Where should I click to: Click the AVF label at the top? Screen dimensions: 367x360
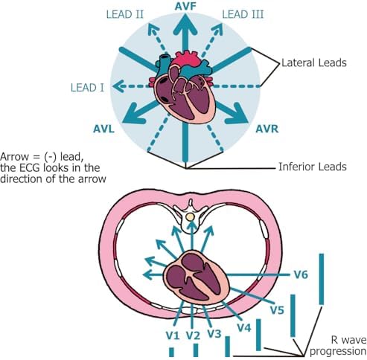coord(185,7)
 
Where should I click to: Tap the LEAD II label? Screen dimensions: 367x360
coord(125,14)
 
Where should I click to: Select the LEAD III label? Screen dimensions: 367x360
coord(243,14)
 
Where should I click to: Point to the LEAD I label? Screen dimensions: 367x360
coord(87,88)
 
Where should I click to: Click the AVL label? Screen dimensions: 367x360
coord(103,129)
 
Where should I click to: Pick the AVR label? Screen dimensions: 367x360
coord(267,129)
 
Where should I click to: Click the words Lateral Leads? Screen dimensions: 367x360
coord(314,62)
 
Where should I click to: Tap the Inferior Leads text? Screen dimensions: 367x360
coord(313,167)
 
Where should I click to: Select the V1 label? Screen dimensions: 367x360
coord(173,335)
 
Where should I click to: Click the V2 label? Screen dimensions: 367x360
coord(193,335)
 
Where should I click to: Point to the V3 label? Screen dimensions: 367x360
coord(214,334)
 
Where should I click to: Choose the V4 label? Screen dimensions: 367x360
coord(244,328)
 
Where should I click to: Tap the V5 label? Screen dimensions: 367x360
coord(277,310)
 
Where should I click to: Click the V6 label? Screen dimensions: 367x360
coord(301,274)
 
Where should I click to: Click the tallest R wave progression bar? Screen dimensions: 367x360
coord(322,279)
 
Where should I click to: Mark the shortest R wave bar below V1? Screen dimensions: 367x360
coord(171,352)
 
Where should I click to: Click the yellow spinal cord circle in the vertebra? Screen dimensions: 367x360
coord(190,217)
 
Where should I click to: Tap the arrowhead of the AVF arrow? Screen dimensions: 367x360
coord(185,25)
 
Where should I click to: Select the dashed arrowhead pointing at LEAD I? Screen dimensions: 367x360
coord(118,86)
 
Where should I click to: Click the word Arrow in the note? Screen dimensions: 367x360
coord(14,157)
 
